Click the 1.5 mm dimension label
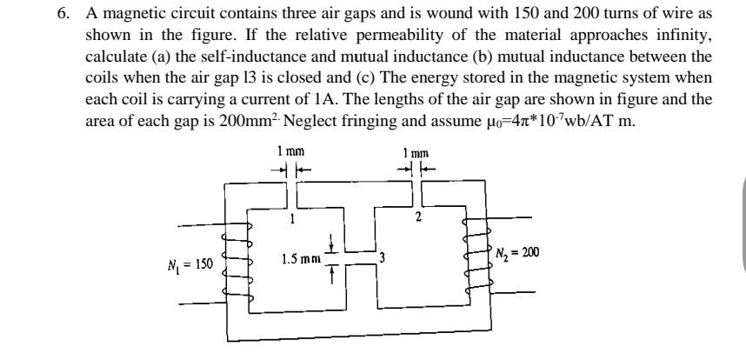pos(301,258)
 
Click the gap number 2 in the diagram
pos(417,217)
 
